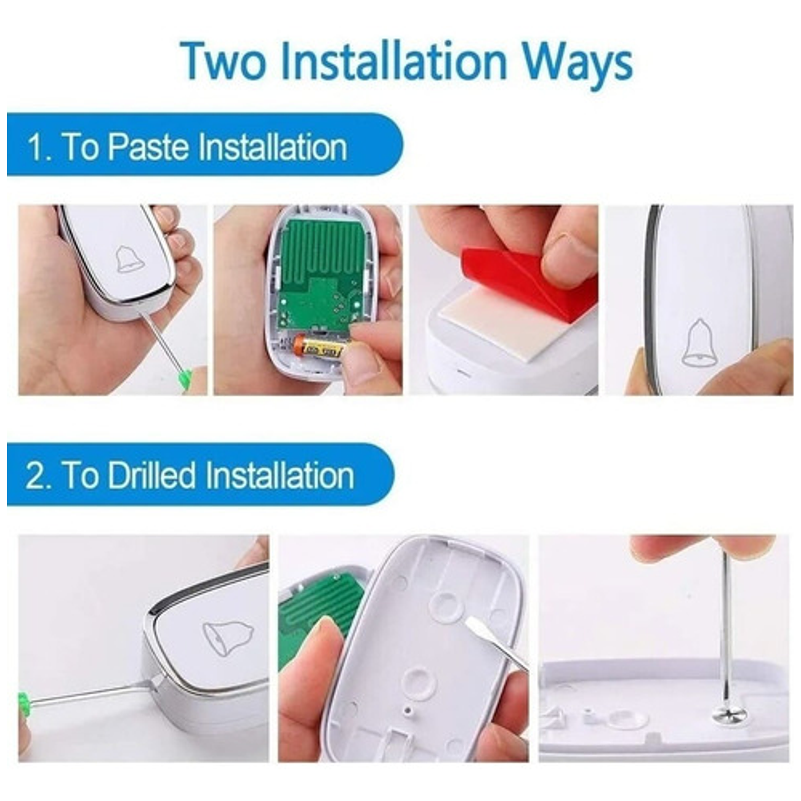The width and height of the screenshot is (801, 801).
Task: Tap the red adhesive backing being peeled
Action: pos(526,280)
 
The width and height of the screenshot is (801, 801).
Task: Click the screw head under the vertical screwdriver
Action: pos(728,712)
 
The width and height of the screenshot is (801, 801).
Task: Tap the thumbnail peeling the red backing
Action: pos(504,300)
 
